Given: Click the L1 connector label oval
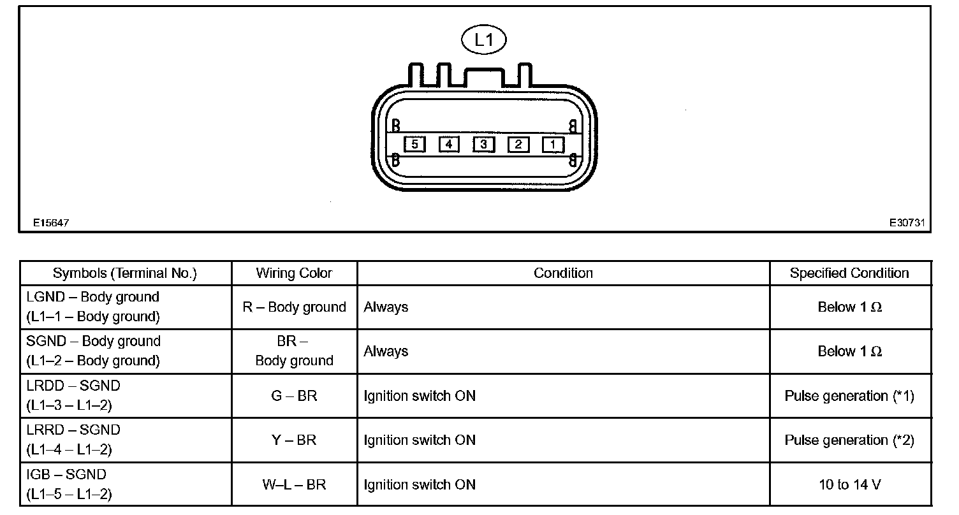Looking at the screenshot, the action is click(x=484, y=40).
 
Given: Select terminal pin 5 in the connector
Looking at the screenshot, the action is click(x=414, y=145).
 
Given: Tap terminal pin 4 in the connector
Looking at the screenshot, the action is click(x=449, y=145).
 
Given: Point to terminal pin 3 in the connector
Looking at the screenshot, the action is click(x=483, y=145).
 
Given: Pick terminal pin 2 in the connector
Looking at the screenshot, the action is click(x=518, y=145).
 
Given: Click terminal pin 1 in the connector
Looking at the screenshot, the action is click(x=552, y=145).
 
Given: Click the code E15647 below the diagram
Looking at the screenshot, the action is click(x=51, y=223).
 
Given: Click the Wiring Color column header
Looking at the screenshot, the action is click(x=294, y=273).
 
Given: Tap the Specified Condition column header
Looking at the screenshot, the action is click(x=849, y=273).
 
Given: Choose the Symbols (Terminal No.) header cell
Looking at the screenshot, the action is click(x=125, y=273).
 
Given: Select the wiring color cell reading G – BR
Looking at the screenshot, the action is click(x=294, y=396).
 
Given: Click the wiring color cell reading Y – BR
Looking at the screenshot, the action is click(x=294, y=440).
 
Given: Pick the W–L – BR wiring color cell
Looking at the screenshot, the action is click(x=294, y=484).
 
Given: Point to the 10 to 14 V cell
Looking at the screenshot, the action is click(x=849, y=484).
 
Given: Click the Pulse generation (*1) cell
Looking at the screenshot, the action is click(x=849, y=396).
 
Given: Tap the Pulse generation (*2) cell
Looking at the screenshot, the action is click(x=849, y=440).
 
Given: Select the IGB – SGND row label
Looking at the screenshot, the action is click(x=66, y=474).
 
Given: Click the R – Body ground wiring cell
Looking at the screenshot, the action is click(x=294, y=307).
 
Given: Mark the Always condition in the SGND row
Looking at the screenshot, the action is click(x=386, y=351).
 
